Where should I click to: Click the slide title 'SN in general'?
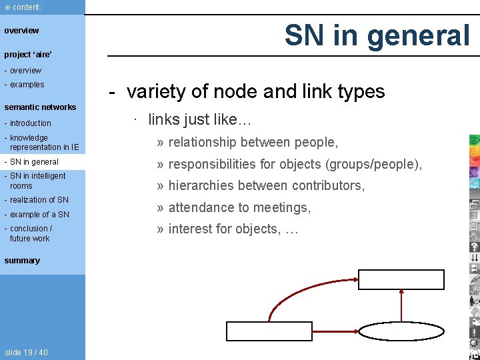pyautogui.click(x=377, y=35)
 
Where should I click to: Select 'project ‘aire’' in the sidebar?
pyautogui.click(x=28, y=54)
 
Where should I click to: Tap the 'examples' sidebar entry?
pyautogui.click(x=27, y=85)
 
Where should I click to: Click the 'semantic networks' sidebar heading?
pyautogui.click(x=40, y=107)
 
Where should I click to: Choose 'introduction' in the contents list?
pyautogui.click(x=30, y=123)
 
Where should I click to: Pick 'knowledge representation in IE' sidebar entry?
pyautogui.click(x=43, y=143)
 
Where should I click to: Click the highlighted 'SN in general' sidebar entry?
pyautogui.click(x=34, y=162)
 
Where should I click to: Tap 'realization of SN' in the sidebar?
pyautogui.click(x=39, y=200)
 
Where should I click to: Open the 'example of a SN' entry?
pyautogui.click(x=39, y=215)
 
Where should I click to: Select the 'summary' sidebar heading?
pyautogui.click(x=22, y=261)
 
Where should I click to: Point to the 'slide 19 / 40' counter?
pyautogui.click(x=26, y=352)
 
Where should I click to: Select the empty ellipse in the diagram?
pyautogui.click(x=402, y=331)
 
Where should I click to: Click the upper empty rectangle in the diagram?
pyautogui.click(x=401, y=279)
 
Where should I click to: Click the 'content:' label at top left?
pyautogui.click(x=26, y=7)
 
